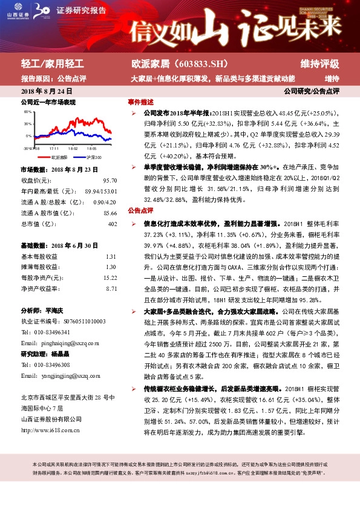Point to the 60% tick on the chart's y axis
tap(27, 112)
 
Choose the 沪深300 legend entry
tap(93, 157)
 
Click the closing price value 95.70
tap(110, 181)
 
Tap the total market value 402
tap(112, 224)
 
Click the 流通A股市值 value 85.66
tap(110, 213)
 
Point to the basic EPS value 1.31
tap(111, 257)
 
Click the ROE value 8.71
tap(111, 290)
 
